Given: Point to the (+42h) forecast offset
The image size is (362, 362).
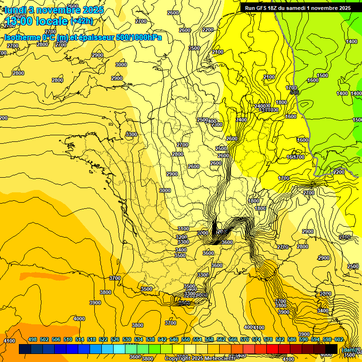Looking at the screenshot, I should (82, 21).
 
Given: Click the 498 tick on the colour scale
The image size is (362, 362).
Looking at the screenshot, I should (33, 340).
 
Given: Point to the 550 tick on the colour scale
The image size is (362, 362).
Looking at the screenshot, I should (186, 340).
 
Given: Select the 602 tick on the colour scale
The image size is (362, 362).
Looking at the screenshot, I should (338, 340).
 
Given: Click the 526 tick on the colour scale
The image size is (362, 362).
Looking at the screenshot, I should (115, 340).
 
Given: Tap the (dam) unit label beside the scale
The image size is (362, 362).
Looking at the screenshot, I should (349, 350).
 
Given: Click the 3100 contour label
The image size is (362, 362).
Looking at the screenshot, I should (183, 229).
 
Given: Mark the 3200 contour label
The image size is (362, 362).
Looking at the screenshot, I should (181, 237).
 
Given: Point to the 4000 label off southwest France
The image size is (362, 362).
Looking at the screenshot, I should (79, 319).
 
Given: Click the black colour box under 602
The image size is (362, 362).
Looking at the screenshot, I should (331, 349).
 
